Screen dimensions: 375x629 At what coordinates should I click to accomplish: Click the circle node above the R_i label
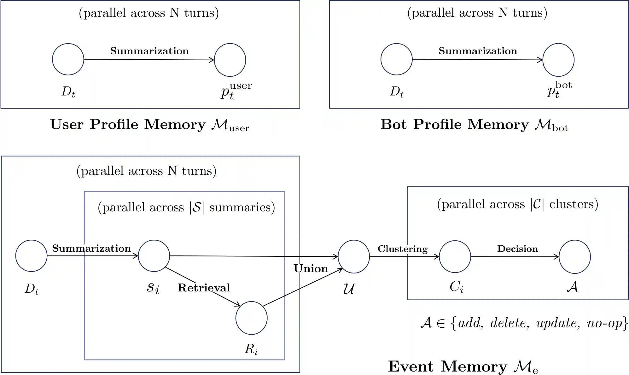(x=251, y=318)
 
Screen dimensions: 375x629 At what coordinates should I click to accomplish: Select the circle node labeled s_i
(x=154, y=256)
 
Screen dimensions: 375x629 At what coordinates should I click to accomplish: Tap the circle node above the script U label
(x=353, y=256)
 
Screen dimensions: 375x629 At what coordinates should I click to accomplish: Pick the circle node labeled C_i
(x=455, y=256)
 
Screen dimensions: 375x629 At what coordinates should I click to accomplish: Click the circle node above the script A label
(x=574, y=256)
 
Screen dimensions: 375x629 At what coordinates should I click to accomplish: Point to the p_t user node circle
(x=230, y=60)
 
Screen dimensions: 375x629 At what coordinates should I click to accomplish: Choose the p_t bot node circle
(x=558, y=60)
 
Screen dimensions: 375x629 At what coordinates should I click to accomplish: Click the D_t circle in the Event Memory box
(x=31, y=256)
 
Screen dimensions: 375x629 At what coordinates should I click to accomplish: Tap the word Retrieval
(x=204, y=288)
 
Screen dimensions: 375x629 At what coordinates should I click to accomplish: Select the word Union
(x=311, y=268)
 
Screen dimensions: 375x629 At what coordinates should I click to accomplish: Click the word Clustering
(x=403, y=249)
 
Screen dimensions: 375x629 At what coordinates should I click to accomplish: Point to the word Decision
(x=517, y=249)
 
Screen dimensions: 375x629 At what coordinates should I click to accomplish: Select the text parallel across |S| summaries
(x=186, y=207)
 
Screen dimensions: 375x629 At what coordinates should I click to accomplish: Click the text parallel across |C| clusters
(x=517, y=204)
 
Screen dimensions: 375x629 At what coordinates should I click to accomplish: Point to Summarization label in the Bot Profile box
(x=478, y=51)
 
